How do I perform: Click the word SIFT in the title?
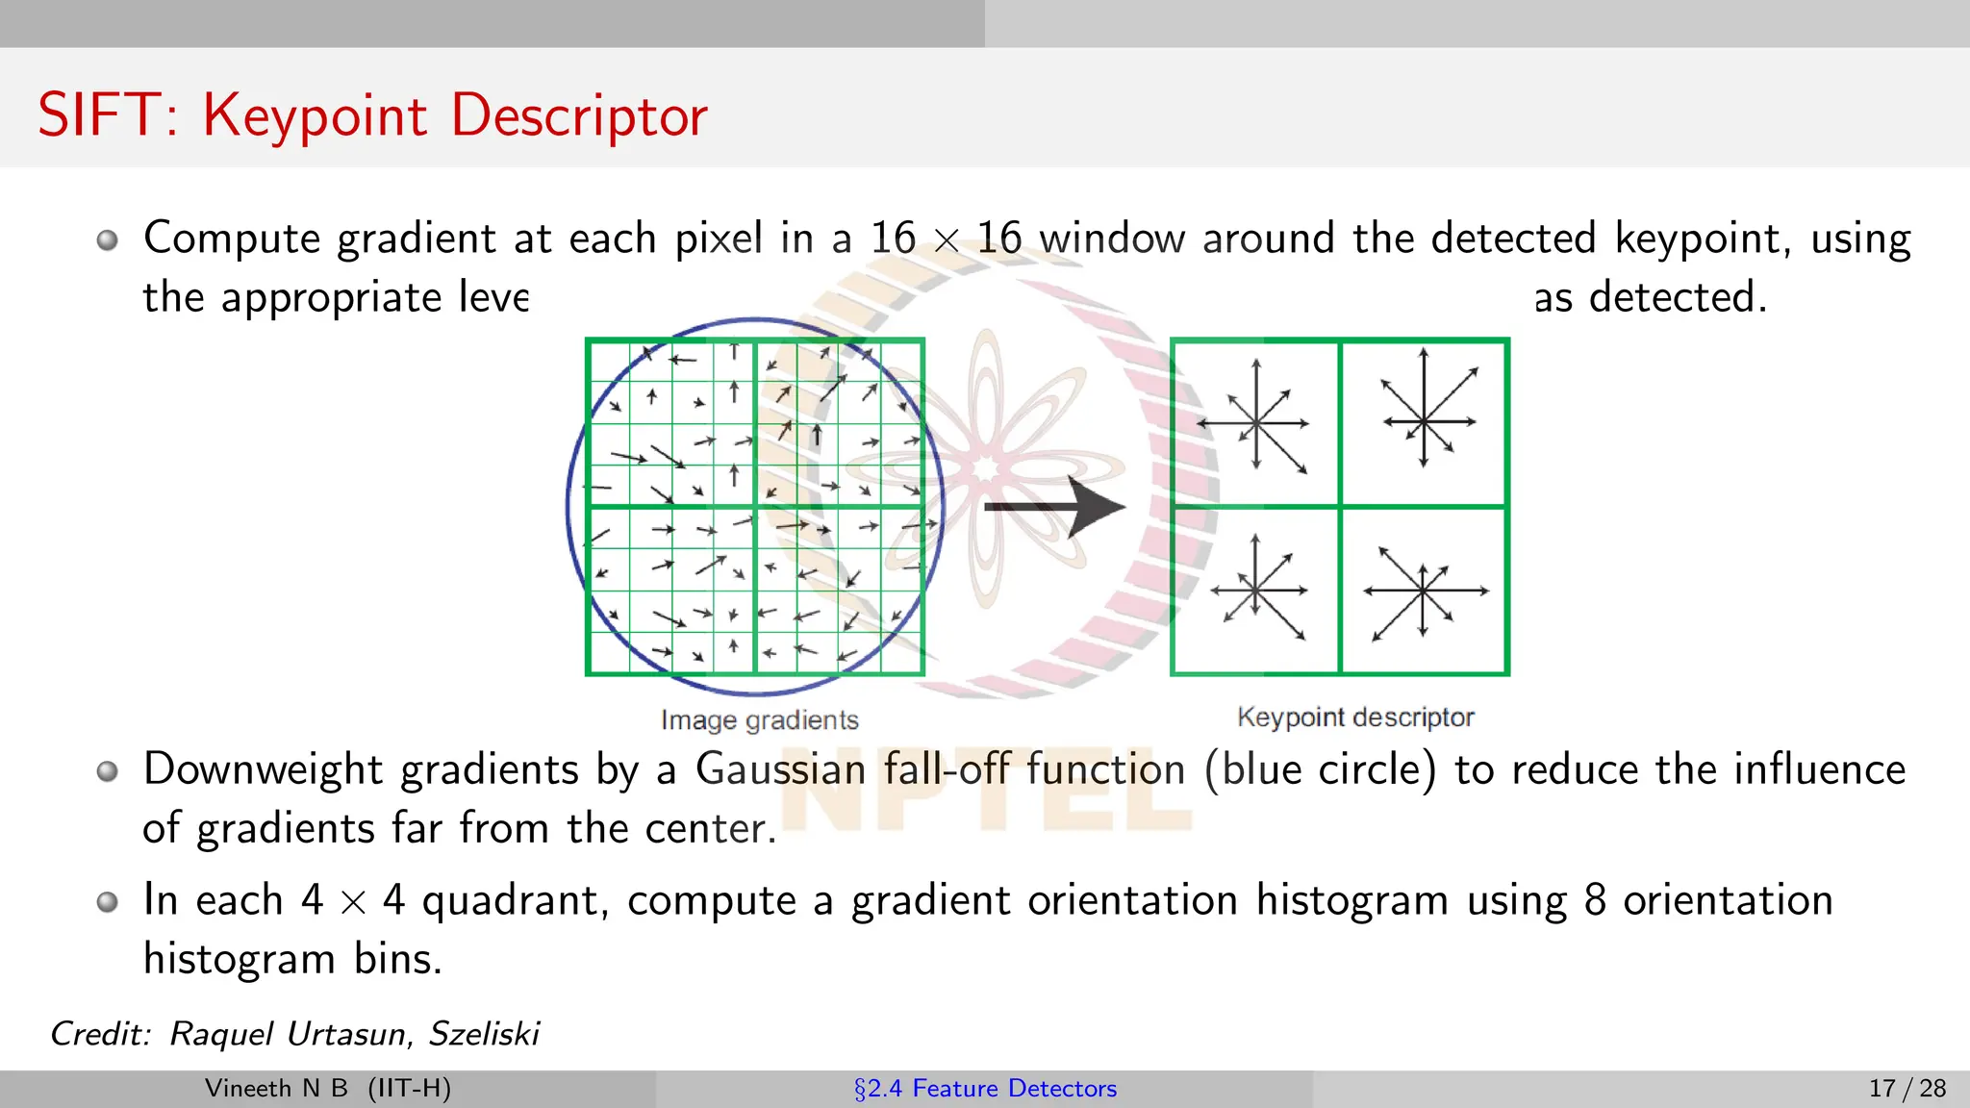pyautogui.click(x=96, y=115)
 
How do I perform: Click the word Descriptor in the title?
pyautogui.click(x=579, y=117)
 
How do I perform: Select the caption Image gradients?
pyautogui.click(x=759, y=719)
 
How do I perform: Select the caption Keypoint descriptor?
pyautogui.click(x=1354, y=717)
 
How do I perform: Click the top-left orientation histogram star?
pyautogui.click(x=1255, y=422)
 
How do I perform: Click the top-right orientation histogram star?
pyautogui.click(x=1425, y=421)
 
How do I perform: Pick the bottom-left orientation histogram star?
pyautogui.click(x=1256, y=590)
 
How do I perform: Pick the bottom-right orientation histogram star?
pyautogui.click(x=1423, y=591)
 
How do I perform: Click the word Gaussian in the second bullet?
pyautogui.click(x=780, y=769)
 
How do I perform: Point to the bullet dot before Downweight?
pyautogui.click(x=108, y=770)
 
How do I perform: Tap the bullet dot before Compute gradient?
pyautogui.click(x=108, y=239)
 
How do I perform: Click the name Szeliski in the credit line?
pyautogui.click(x=484, y=1033)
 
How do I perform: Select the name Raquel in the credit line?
pyautogui.click(x=220, y=1033)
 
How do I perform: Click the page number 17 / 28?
pyautogui.click(x=1907, y=1088)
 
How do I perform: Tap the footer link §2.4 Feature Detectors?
pyautogui.click(x=985, y=1088)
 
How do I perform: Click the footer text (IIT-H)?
pyautogui.click(x=409, y=1088)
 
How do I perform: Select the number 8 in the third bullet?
pyautogui.click(x=1595, y=900)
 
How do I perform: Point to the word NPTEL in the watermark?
pyautogui.click(x=986, y=789)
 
